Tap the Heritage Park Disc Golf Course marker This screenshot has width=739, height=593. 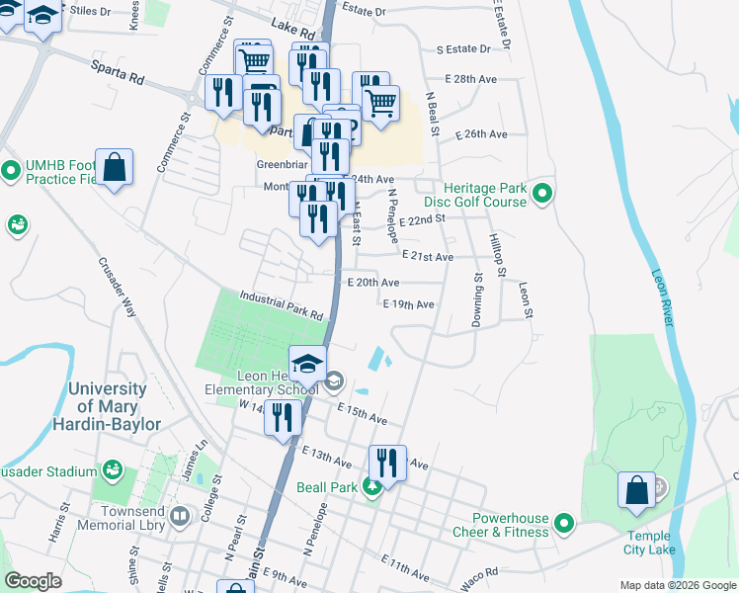tap(541, 194)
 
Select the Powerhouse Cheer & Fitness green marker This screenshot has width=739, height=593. tap(564, 522)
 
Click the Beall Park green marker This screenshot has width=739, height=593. tap(371, 486)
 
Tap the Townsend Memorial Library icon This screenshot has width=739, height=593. tap(180, 516)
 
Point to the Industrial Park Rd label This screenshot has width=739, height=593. tap(281, 306)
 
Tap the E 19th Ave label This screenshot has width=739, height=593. tap(409, 304)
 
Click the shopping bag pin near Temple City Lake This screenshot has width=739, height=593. tap(636, 489)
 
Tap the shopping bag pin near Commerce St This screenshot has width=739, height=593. tap(116, 166)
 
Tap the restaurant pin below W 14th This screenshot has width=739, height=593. tap(283, 417)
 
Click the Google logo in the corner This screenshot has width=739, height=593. tap(33, 581)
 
